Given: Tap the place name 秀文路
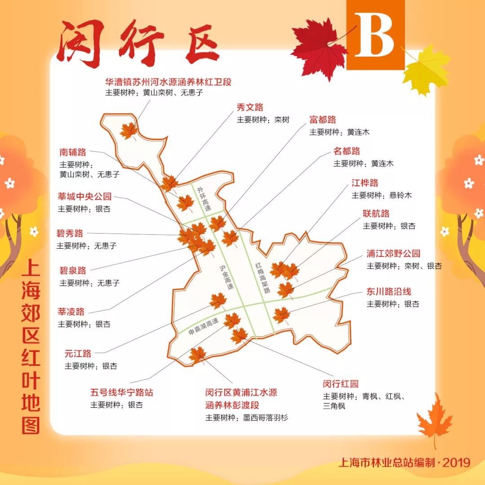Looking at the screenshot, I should tap(250, 107).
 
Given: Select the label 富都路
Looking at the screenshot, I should tap(322, 120).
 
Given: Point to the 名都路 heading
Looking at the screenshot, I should tap(347, 151).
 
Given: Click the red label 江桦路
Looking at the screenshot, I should tap(365, 183).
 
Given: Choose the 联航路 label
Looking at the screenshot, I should tap(376, 213).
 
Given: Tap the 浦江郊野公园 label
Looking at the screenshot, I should tap(393, 253).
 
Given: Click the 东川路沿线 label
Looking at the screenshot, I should tap(389, 291).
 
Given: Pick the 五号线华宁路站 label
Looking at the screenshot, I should tap(122, 392).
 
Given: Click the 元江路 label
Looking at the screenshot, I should tap(78, 353).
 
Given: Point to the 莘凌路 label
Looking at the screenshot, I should tap(71, 312).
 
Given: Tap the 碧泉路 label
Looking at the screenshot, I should tap(73, 271).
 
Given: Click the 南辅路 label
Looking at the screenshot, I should tap(73, 152).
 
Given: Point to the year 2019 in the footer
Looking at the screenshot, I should tap(456, 462).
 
